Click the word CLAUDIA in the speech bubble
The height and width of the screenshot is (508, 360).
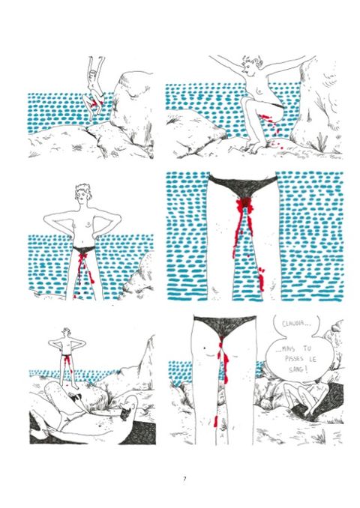click(292, 324)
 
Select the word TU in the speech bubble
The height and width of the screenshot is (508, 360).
click(307, 348)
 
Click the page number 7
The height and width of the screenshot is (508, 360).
click(184, 479)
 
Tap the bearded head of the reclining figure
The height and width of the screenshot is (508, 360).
click(128, 408)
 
